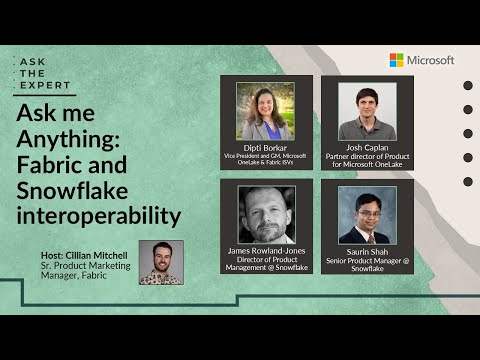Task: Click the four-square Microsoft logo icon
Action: coord(397,60)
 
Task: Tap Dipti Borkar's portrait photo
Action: coord(265,110)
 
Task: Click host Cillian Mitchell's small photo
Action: coord(161,262)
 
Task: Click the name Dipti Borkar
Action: coord(265,147)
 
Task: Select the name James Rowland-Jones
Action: coord(266,251)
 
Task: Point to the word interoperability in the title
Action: coord(99,215)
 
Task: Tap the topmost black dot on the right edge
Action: coord(468,85)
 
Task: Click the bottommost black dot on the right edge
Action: coord(468,181)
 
